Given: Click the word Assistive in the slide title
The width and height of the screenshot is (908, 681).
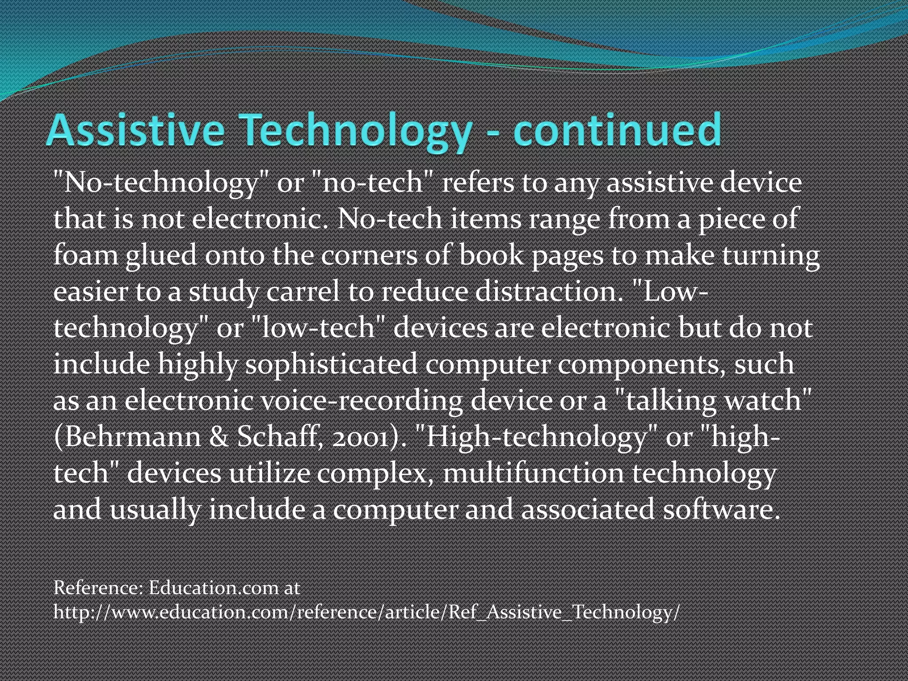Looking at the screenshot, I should (135, 130).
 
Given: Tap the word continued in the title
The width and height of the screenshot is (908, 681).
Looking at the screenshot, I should (617, 130).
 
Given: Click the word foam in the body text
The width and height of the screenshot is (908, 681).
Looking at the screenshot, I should (85, 255).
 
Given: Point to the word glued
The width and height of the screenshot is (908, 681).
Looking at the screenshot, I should (160, 256).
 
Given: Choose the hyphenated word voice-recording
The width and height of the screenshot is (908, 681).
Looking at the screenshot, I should (361, 400).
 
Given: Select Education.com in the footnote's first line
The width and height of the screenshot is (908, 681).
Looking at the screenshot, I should (214, 588).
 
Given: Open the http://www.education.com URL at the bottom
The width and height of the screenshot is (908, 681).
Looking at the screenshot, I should (366, 612).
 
